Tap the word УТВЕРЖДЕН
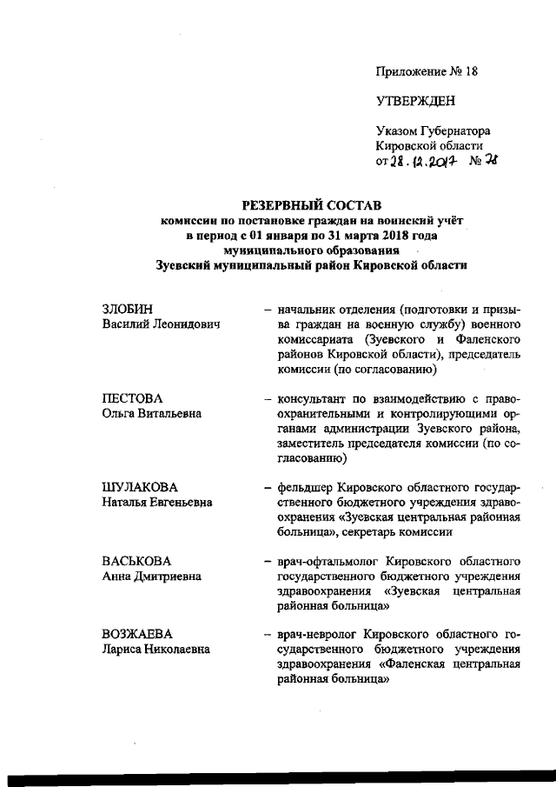415,100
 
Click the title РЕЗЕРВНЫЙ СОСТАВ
311,205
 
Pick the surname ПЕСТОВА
133,398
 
